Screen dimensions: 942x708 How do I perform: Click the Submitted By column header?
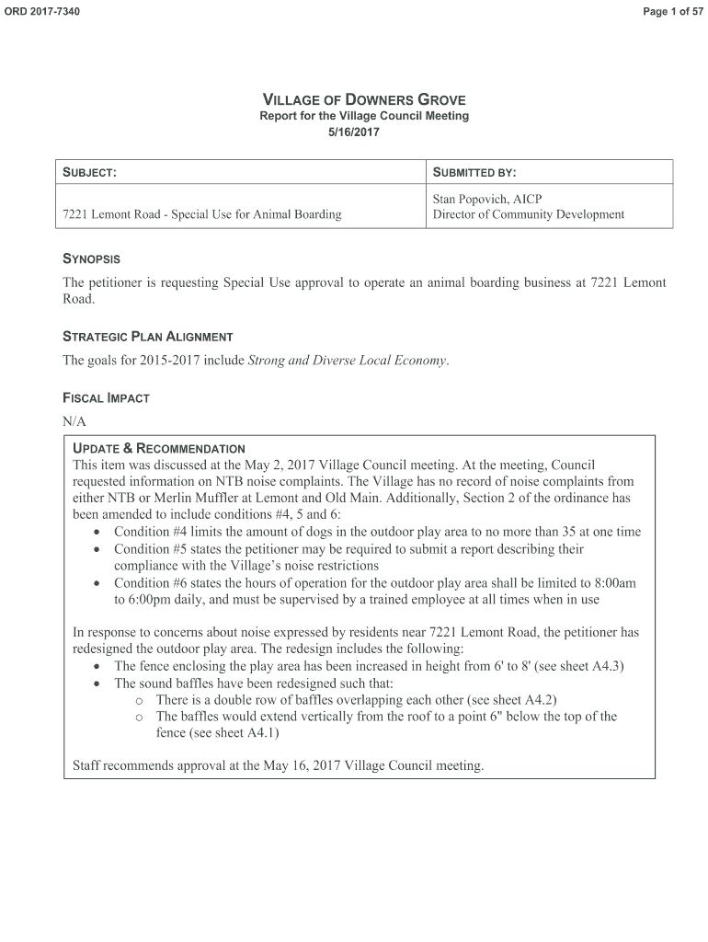click(474, 172)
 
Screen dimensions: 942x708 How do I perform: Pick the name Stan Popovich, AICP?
click(487, 199)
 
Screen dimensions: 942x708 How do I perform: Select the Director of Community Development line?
click(528, 214)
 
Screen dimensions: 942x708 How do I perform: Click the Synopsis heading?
click(91, 259)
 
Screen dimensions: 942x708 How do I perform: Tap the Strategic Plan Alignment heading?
click(147, 337)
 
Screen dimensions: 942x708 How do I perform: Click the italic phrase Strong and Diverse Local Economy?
click(348, 360)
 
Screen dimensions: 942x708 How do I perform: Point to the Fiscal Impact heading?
click(106, 398)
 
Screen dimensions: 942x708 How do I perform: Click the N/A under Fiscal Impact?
click(74, 420)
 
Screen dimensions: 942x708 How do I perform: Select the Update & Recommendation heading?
click(158, 448)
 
